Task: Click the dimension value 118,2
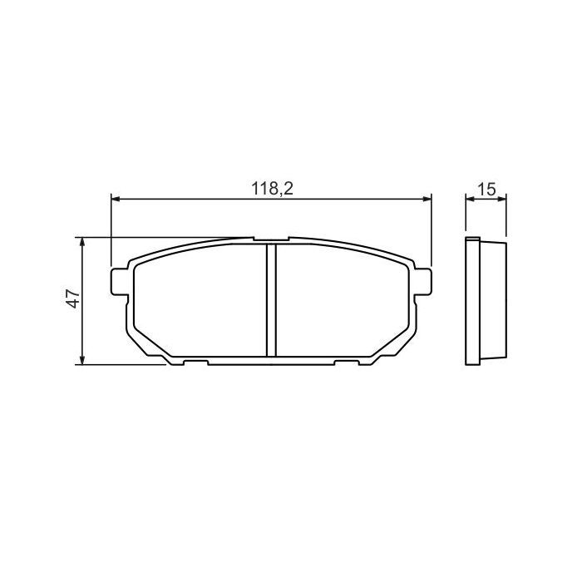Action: tap(273, 189)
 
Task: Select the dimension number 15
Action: tap(487, 189)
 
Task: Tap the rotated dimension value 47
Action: tap(73, 300)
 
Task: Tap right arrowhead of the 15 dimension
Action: tap(501, 199)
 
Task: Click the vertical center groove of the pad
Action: tap(271, 299)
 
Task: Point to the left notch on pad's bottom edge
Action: tap(195, 363)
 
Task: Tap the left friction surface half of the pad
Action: tap(200, 303)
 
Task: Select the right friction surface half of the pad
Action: tap(341, 303)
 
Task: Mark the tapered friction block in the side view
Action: tap(492, 301)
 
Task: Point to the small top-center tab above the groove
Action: tap(271, 241)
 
